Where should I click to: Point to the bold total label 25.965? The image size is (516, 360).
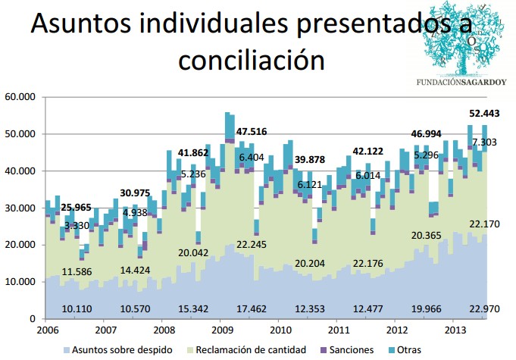(77, 207)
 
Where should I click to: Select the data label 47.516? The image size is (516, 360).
(252, 132)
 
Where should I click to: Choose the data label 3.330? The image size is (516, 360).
(77, 226)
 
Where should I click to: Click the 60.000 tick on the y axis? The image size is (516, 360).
(20, 97)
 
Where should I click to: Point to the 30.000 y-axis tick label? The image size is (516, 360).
(20, 208)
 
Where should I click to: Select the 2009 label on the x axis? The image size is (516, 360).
(221, 331)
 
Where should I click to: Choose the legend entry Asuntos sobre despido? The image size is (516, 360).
(116, 349)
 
